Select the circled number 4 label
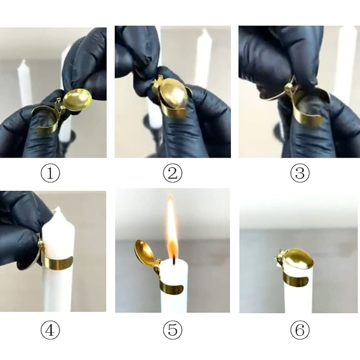point(50,331)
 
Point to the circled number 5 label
point(173,331)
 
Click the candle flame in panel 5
point(171,229)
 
